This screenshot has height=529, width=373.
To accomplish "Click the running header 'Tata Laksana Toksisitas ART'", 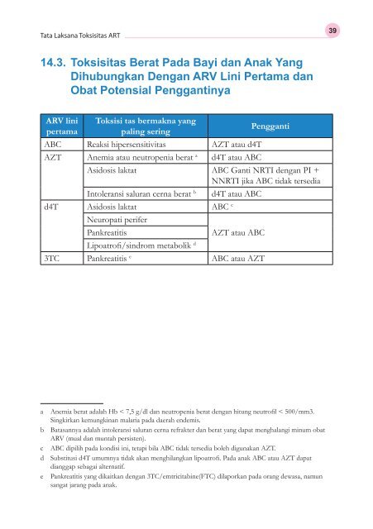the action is click(77, 36).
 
